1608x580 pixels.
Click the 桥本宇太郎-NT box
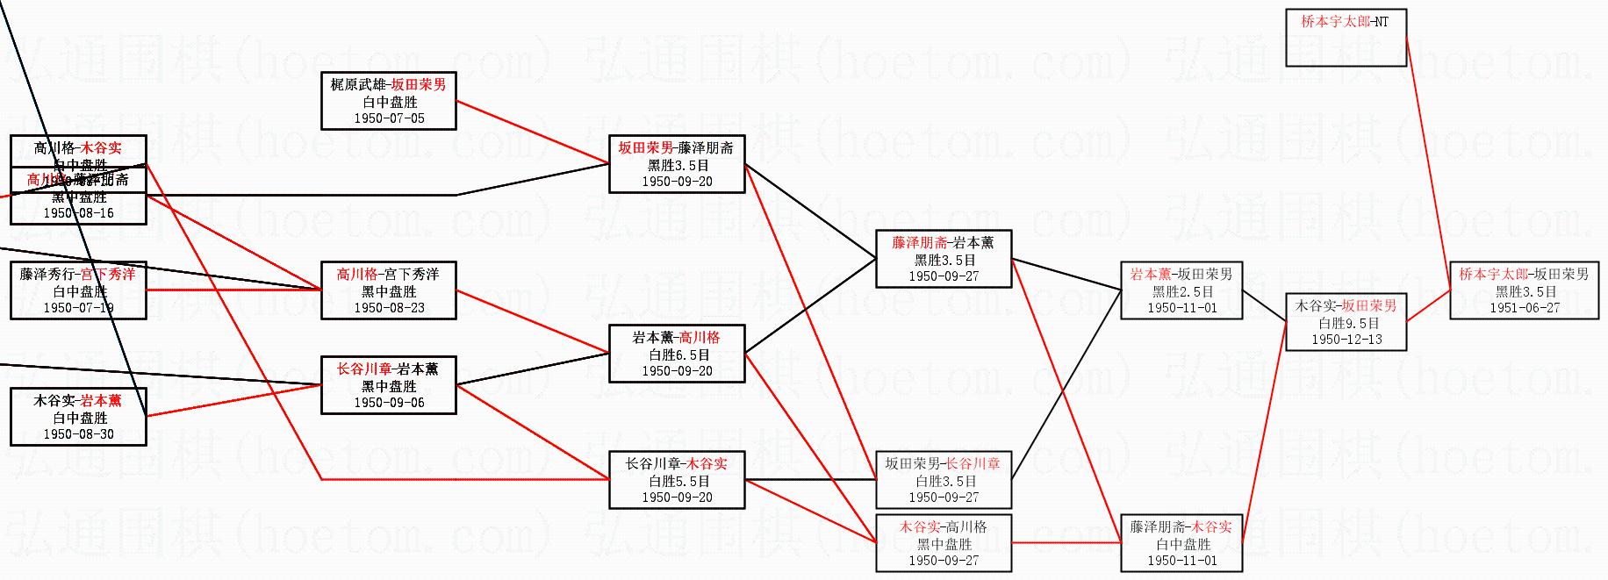(x=1346, y=38)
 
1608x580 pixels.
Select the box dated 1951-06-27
(x=1524, y=291)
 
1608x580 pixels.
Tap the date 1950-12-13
(x=1346, y=340)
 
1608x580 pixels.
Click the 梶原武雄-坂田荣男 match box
(x=388, y=101)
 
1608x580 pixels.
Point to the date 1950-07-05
(x=389, y=118)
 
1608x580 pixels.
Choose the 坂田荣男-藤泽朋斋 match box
(x=677, y=164)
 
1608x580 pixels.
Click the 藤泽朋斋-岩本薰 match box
(x=944, y=259)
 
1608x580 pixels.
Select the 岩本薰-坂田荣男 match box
(x=1181, y=290)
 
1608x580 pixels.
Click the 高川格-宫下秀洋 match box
(x=388, y=290)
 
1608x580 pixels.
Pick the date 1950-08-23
(x=389, y=308)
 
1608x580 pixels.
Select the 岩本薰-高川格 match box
(x=677, y=354)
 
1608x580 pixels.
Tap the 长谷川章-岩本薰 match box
(x=388, y=385)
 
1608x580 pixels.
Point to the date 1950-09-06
(x=389, y=403)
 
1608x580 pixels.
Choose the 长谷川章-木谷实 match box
(x=677, y=480)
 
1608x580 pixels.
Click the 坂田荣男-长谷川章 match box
(x=944, y=480)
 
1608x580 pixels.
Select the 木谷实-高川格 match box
(x=944, y=543)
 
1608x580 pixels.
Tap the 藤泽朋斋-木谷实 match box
(x=1181, y=543)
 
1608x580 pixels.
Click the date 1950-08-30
(x=78, y=434)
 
